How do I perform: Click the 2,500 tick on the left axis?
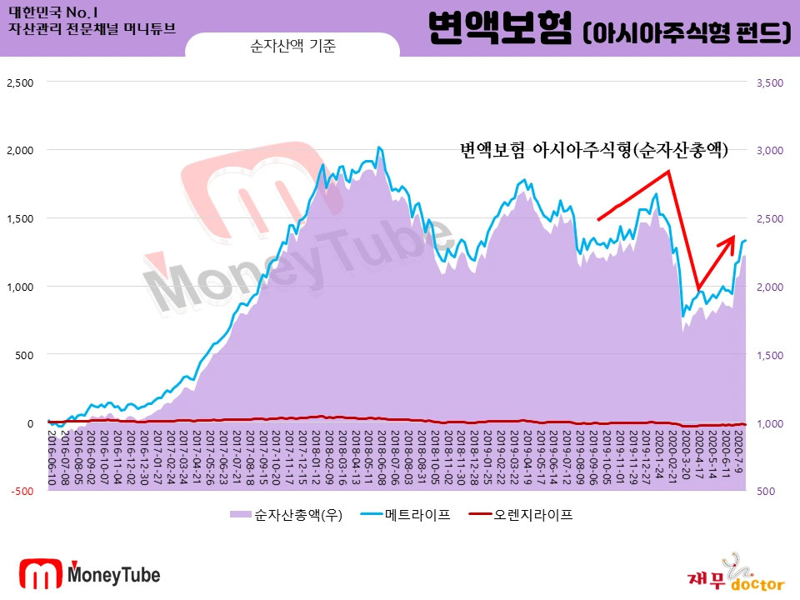click(x=19, y=82)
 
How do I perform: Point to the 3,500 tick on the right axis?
click(x=769, y=82)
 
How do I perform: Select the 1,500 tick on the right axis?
click(x=769, y=355)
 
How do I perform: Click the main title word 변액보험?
click(x=498, y=30)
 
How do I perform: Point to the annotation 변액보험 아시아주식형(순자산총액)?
click(x=595, y=150)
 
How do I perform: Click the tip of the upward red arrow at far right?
click(x=734, y=237)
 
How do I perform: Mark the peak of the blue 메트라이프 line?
click(x=379, y=147)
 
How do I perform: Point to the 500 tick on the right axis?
click(x=766, y=491)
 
